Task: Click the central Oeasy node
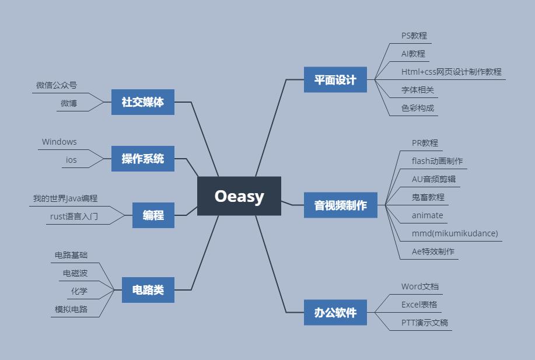coord(239,196)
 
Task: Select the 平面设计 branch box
coord(335,80)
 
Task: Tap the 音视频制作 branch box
coord(341,205)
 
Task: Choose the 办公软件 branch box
coord(335,312)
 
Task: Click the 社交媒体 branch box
coord(143,102)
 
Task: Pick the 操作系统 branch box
coord(143,159)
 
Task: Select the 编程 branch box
coord(153,215)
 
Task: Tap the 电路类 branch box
coord(148,290)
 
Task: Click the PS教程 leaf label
coord(414,36)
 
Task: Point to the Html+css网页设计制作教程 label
coord(451,72)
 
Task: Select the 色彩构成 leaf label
coord(418,108)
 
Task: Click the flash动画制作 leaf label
coord(437,161)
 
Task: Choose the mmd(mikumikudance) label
coord(454,233)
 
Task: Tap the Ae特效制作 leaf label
coord(433,251)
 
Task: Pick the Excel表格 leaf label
coord(419,305)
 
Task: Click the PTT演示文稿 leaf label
coord(425,323)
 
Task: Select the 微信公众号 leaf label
coord(57,85)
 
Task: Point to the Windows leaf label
coord(59,142)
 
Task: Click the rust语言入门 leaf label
coord(74,216)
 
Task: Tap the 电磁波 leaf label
coord(75,273)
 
